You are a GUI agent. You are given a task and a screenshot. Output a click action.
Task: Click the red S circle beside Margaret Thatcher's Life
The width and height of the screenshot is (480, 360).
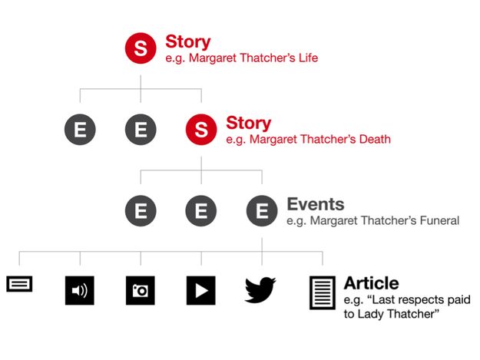[x=141, y=48]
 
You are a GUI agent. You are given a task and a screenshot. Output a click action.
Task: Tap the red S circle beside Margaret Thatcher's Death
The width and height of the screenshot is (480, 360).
[x=201, y=130]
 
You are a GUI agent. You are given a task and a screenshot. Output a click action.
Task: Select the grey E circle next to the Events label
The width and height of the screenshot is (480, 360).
[x=262, y=211]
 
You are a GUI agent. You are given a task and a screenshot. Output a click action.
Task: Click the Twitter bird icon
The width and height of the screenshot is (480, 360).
[x=260, y=290]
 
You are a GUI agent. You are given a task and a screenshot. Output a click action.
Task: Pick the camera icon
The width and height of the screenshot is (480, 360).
[x=141, y=290]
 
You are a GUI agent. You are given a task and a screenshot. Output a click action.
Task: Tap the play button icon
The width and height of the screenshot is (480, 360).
[x=200, y=290]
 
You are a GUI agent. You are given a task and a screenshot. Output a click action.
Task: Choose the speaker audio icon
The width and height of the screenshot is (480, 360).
[x=80, y=290]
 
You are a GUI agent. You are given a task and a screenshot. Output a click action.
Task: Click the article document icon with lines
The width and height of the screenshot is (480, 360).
[x=323, y=292]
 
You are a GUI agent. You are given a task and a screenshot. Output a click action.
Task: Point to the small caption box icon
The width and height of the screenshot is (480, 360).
[x=19, y=284]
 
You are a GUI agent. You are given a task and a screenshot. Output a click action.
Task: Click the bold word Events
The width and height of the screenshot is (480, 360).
[x=316, y=204]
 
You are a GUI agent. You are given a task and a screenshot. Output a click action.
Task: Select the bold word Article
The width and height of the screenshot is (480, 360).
[x=371, y=283]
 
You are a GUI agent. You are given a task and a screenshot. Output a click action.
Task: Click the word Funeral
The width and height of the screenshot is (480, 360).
[x=439, y=220]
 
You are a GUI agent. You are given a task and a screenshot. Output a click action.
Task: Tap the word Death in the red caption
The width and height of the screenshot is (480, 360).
[x=375, y=139]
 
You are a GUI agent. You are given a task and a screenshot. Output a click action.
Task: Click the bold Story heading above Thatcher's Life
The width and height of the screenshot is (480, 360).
[x=188, y=41]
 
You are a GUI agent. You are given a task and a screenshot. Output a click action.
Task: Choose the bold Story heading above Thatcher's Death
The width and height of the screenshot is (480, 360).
[x=249, y=123]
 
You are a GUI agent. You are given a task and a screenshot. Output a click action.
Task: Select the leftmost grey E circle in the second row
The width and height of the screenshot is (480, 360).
[x=80, y=130]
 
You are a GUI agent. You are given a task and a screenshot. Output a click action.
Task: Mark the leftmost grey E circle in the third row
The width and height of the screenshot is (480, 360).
[x=141, y=211]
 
